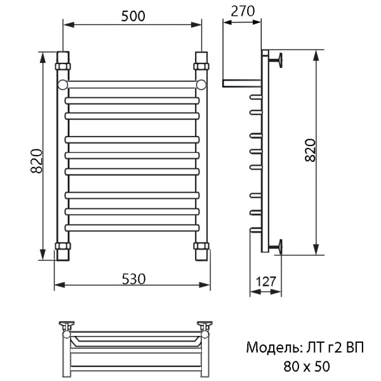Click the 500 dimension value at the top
pos(131,17)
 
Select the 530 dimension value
pos(133,278)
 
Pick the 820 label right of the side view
pos(310,150)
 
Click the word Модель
pos(269,348)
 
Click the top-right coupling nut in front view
pos(202,65)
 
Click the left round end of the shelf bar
pos(62,84)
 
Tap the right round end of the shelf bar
pos(201,84)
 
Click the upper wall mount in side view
pos(277,60)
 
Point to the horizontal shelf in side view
pos(241,83)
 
